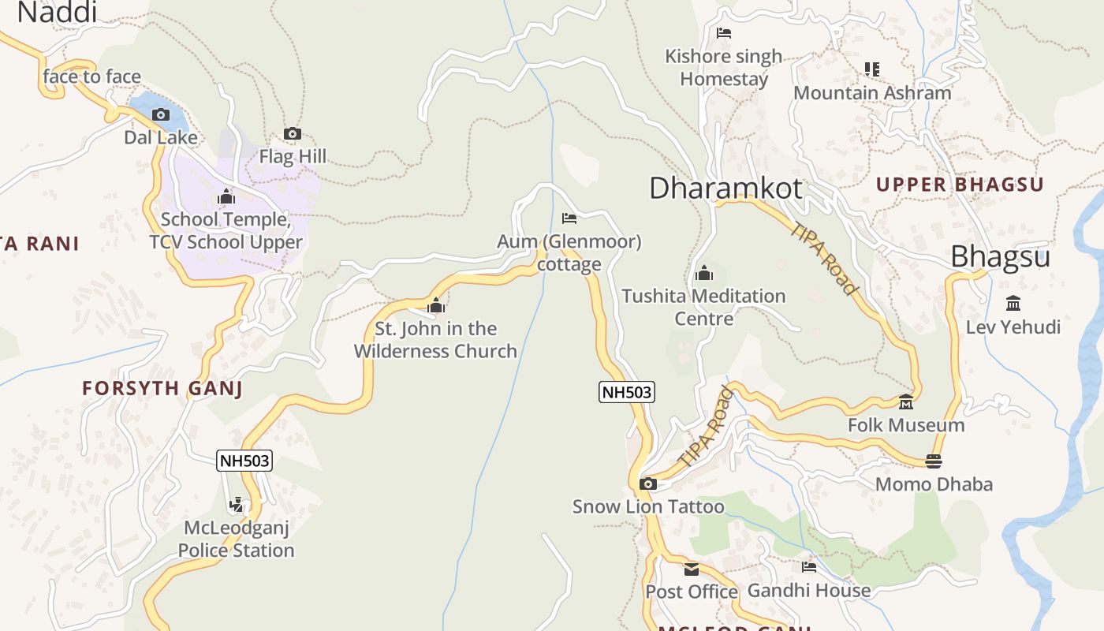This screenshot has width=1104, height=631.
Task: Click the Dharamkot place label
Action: click(725, 189)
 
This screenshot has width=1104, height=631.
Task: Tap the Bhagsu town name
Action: click(1000, 257)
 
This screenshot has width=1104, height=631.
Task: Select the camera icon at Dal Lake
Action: click(161, 115)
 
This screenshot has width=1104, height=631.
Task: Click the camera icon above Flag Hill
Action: click(293, 134)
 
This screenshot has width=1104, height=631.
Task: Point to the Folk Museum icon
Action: click(906, 402)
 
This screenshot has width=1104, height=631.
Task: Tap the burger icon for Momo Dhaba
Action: click(934, 461)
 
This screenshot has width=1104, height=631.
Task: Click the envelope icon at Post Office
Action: click(692, 569)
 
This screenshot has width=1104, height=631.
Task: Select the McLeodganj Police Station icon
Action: click(236, 505)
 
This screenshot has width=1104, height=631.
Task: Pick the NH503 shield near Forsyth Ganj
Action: click(244, 461)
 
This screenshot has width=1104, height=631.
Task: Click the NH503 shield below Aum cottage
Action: click(627, 392)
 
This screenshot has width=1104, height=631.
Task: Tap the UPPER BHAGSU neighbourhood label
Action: click(960, 185)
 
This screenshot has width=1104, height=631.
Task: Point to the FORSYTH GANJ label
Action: click(162, 388)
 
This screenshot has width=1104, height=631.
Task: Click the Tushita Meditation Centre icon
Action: click(704, 274)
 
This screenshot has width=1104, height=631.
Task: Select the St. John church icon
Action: click(435, 306)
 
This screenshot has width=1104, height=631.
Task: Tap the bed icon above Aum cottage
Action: click(569, 218)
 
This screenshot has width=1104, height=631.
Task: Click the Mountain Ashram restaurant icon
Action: click(871, 69)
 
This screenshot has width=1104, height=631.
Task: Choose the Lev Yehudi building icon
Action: click(1013, 304)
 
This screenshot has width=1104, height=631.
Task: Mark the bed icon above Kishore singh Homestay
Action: click(724, 33)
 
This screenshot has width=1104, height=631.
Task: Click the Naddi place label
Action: click(57, 12)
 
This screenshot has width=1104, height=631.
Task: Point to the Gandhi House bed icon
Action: click(809, 567)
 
